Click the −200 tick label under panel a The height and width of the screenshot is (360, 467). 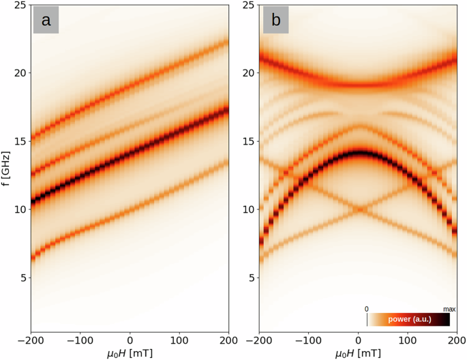33,339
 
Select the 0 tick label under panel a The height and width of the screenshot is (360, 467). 131,339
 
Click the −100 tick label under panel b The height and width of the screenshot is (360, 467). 308,339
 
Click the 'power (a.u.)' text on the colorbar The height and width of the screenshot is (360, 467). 408,319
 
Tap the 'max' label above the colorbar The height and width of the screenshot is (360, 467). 449,309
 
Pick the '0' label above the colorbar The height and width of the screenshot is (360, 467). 367,309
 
